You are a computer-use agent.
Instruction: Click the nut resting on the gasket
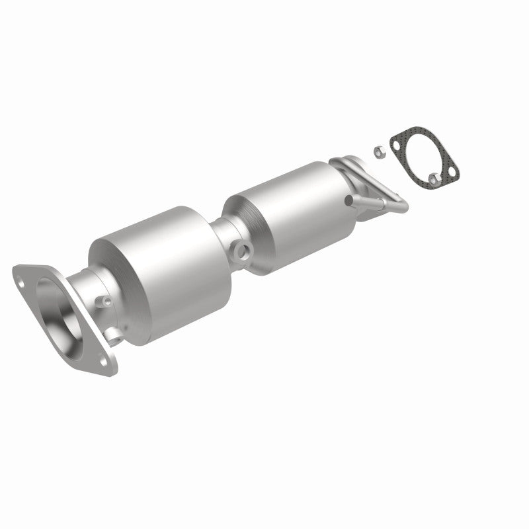click(x=434, y=159)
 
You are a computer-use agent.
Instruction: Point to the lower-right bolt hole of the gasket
click(x=452, y=173)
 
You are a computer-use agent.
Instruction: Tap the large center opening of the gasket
click(x=423, y=145)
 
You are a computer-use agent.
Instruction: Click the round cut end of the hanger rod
click(x=348, y=199)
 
